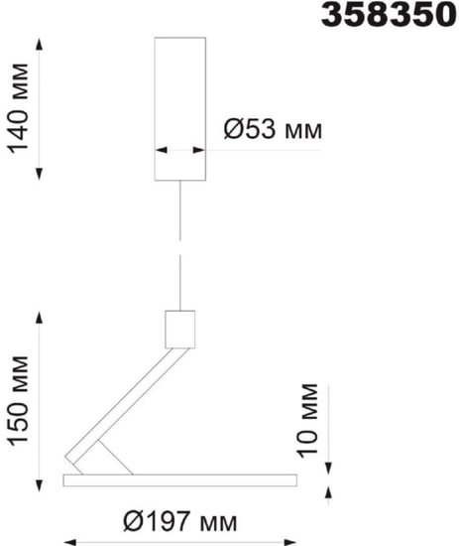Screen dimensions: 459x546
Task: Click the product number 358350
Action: pyautogui.click(x=389, y=15)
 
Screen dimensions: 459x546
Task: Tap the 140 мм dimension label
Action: pyautogui.click(x=19, y=108)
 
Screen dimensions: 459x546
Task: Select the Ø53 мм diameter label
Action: pyautogui.click(x=273, y=129)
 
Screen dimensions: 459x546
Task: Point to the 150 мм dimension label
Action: pyautogui.click(x=19, y=400)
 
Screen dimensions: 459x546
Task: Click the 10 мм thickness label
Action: pyautogui.click(x=307, y=420)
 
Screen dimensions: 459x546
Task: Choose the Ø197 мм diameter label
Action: pyautogui.click(x=180, y=521)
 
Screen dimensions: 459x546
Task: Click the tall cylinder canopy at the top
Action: pyautogui.click(x=180, y=108)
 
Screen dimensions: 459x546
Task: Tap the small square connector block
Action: pyautogui.click(x=179, y=329)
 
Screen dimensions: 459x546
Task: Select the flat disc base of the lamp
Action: pyautogui.click(x=180, y=479)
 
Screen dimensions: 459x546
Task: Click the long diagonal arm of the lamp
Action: pyautogui.click(x=127, y=406)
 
